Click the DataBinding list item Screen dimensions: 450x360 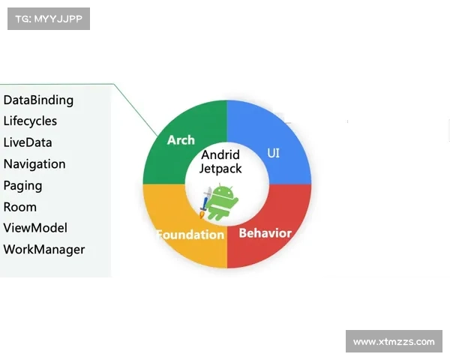click(x=38, y=100)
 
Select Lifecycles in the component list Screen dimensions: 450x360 click(x=30, y=121)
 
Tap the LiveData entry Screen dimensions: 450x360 click(x=28, y=142)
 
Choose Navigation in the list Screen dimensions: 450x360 click(x=34, y=164)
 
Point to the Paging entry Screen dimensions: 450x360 click(x=23, y=186)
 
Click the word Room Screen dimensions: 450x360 click(x=20, y=207)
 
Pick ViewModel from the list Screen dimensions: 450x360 click(x=35, y=228)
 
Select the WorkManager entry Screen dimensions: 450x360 click(x=44, y=250)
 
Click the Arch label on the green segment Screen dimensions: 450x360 click(x=181, y=140)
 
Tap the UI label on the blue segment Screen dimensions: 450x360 click(x=273, y=153)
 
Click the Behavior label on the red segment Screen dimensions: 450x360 click(x=265, y=233)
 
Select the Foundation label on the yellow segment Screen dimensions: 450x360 click(x=190, y=235)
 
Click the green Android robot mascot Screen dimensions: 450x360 click(x=222, y=202)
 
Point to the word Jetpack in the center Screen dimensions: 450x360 click(x=220, y=169)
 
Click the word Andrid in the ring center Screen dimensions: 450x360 click(x=220, y=154)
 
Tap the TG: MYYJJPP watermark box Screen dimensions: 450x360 click(x=49, y=19)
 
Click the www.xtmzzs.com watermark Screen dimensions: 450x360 click(x=394, y=341)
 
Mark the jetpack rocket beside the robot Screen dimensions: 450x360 click(x=205, y=202)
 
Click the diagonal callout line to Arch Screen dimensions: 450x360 click(x=136, y=109)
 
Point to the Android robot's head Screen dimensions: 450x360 click(x=222, y=192)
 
